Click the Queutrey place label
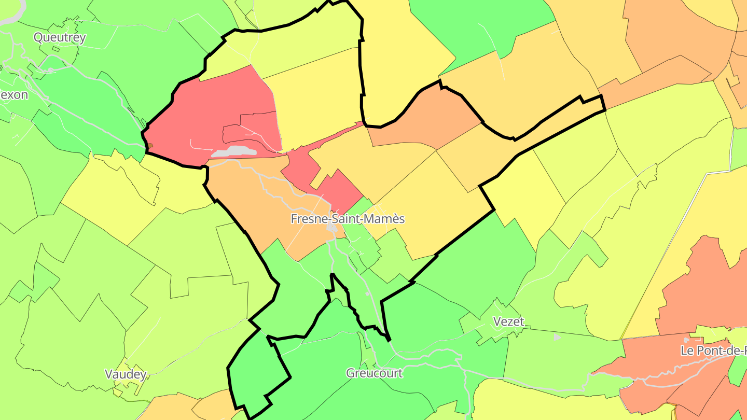60,37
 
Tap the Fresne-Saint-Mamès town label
347,219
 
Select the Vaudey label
126,374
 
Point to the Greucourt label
374,373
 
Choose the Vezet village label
508,321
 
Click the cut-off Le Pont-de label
713,351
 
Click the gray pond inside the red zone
234,151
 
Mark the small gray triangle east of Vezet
557,338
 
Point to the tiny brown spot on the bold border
150,146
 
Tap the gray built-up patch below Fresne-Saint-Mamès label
331,228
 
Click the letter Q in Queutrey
38,37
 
